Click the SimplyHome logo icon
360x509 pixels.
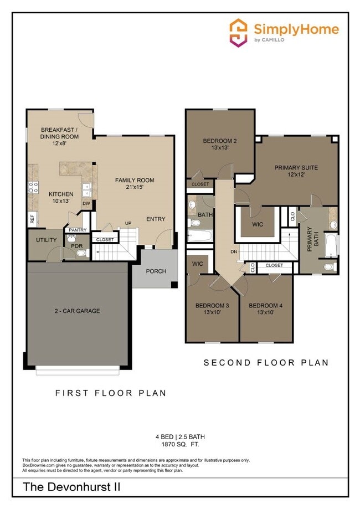[x=238, y=33]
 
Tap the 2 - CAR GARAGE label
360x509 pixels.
[x=77, y=311]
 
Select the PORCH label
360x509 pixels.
[x=156, y=271]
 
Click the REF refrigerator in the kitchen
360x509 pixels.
[x=32, y=219]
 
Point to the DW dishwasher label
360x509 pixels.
[x=86, y=204]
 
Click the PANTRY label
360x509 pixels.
[x=78, y=229]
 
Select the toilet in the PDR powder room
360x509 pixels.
[x=82, y=253]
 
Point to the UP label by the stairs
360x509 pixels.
[x=127, y=223]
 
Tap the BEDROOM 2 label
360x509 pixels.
[x=219, y=141]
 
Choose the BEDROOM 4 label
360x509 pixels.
[x=265, y=306]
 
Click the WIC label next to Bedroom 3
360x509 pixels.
[x=198, y=264]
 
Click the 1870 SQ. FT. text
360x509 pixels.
[x=179, y=444]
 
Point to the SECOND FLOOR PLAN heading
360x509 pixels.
[x=266, y=363]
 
